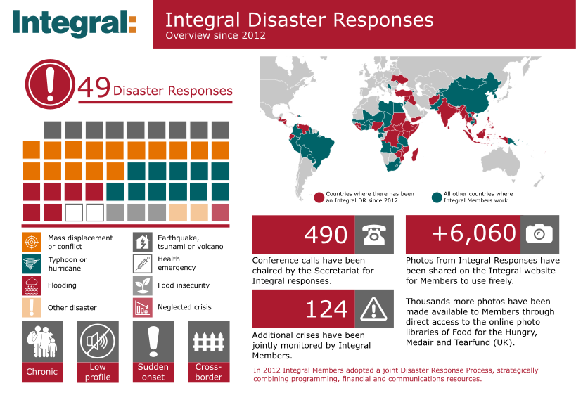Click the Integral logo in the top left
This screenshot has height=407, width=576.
click(74, 22)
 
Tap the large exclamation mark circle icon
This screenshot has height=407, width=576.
click(51, 84)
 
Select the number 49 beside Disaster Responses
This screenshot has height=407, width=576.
click(94, 87)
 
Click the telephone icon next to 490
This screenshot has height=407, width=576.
click(374, 235)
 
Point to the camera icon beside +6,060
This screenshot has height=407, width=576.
click(539, 234)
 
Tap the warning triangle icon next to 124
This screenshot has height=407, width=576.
click(374, 309)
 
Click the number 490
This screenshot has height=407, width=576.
click(326, 235)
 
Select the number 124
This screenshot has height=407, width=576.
click(326, 309)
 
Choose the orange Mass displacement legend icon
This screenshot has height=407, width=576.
click(32, 242)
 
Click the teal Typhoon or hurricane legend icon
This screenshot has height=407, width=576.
click(32, 264)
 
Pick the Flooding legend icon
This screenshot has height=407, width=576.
click(32, 285)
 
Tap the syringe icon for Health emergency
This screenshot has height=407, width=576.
click(143, 264)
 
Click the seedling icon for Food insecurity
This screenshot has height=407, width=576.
click(143, 285)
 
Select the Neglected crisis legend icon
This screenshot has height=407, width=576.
click(143, 307)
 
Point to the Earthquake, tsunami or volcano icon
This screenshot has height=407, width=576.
click(143, 242)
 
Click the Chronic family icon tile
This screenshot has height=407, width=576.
click(42, 342)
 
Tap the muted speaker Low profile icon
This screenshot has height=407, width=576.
click(98, 342)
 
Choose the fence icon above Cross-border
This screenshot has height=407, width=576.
click(209, 342)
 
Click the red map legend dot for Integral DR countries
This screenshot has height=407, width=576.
click(319, 198)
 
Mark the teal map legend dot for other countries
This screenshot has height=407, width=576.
click(437, 198)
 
